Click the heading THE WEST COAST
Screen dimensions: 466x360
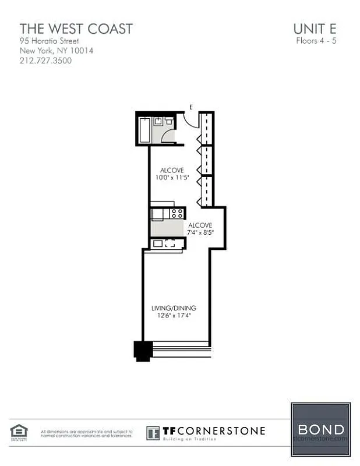tap(76, 28)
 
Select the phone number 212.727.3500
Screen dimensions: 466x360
tap(45, 60)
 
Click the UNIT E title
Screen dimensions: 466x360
tap(315, 28)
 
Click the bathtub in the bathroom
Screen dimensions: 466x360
tap(144, 129)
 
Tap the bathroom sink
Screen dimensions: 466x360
tap(158, 121)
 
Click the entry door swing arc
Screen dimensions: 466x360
tap(190, 119)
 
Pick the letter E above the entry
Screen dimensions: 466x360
tap(191, 107)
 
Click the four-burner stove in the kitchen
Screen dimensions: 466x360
tap(177, 213)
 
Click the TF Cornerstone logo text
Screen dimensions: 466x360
tap(213, 432)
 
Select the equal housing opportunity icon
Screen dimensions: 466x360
tap(19, 432)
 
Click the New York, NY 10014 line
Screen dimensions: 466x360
tap(57, 51)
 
